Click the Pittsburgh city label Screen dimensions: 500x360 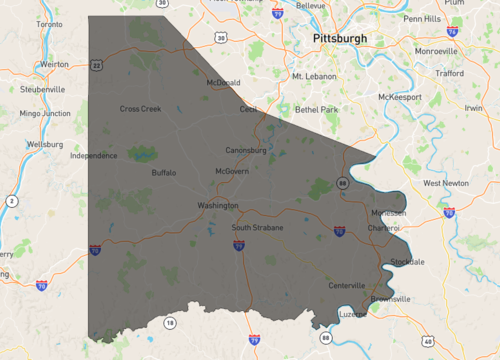340,38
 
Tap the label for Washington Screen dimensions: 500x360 218,205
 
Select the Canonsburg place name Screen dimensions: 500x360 245,151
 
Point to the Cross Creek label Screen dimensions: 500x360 140,109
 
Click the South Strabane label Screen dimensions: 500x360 257,228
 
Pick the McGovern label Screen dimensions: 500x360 232,171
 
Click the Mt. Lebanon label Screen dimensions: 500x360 311,75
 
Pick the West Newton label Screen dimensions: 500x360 446,183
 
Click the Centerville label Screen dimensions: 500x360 347,286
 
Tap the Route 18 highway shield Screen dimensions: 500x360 171,322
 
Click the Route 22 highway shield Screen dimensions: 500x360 97,64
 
